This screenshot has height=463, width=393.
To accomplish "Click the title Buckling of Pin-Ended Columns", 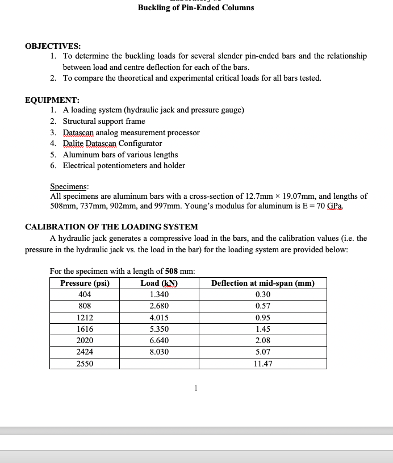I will (196, 8).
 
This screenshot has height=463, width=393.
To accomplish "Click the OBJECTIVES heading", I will (53, 45).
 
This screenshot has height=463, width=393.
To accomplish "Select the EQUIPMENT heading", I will (52, 99).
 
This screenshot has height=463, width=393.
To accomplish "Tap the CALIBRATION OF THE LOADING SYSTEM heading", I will (111, 227).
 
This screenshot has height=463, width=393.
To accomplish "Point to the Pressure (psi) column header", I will (85, 283).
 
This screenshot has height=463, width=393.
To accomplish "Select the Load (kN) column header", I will (159, 283).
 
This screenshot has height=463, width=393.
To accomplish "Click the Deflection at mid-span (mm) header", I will (262, 283).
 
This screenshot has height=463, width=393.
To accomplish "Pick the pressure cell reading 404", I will (85, 295).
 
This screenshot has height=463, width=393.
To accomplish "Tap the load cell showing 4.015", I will (159, 318).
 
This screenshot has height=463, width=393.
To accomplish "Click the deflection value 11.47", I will (262, 364).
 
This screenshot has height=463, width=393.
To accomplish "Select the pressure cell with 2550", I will (85, 364).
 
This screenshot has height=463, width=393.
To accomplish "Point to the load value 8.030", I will (159, 352).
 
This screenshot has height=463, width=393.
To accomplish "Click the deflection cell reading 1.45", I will (262, 329).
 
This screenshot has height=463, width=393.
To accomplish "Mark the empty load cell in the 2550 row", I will (159, 364).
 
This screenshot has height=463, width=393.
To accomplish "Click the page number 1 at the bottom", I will (195, 389).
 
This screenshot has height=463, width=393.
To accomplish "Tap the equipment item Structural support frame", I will (104, 121).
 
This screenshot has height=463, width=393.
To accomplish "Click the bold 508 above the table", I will (173, 271).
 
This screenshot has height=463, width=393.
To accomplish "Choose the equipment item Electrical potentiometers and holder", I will (124, 165).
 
